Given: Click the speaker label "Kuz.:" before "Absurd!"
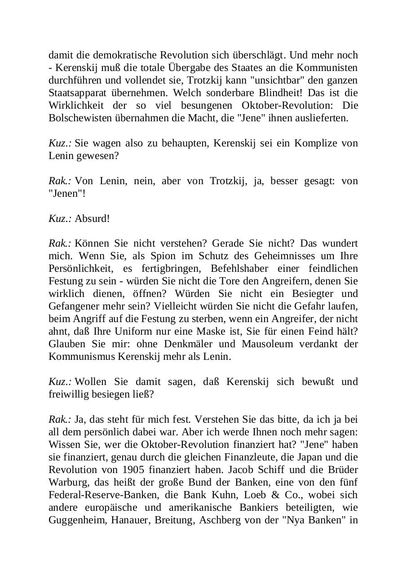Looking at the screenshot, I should pyautogui.click(x=60, y=219).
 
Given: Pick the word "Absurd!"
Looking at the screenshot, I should pyautogui.click(x=92, y=219).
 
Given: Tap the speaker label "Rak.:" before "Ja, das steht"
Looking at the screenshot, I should pyautogui.click(x=60, y=420).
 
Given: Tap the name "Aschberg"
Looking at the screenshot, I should pyautogui.click(x=217, y=520).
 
